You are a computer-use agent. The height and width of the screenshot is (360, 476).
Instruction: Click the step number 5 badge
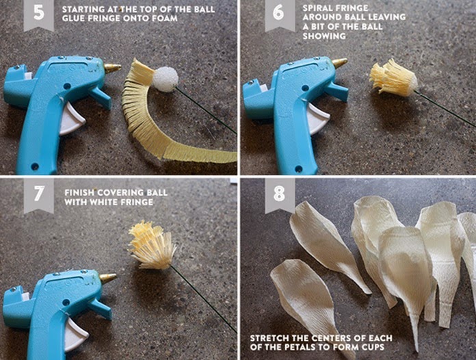pyautogui.click(x=39, y=14)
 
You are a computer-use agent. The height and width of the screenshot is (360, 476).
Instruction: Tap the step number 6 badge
pyautogui.click(x=280, y=14)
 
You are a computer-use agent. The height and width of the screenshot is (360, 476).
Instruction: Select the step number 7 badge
pyautogui.click(x=39, y=195)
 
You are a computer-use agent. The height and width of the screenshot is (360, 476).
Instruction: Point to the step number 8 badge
pyautogui.click(x=280, y=195)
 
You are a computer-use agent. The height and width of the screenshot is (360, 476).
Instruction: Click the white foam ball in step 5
pyautogui.click(x=166, y=79)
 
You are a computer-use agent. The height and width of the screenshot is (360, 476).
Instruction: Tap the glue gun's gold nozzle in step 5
pyautogui.click(x=113, y=68)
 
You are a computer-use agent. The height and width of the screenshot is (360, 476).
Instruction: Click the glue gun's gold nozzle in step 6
pyautogui.click(x=339, y=64)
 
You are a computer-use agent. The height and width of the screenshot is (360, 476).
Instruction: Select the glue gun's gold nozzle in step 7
pyautogui.click(x=108, y=278)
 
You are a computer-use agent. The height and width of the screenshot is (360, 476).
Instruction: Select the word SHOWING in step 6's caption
pyautogui.click(x=324, y=36)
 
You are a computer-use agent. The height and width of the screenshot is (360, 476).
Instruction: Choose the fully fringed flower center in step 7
pyautogui.click(x=153, y=246)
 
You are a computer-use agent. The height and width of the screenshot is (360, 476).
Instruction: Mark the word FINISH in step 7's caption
pyautogui.click(x=79, y=192)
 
